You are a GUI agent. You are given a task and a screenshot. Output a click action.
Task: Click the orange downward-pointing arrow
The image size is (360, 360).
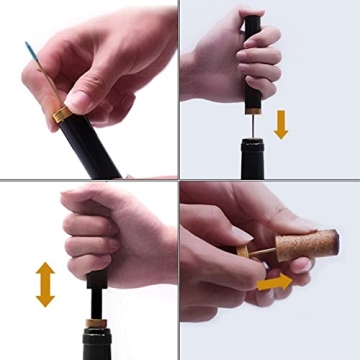click(281, 123)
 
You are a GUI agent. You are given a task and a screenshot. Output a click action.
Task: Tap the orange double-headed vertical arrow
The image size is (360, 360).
click(45, 283)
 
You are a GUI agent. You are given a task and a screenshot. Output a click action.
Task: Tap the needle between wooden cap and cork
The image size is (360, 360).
click(263, 252)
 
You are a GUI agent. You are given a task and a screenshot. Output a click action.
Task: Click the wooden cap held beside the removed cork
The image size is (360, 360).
click(244, 257)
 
